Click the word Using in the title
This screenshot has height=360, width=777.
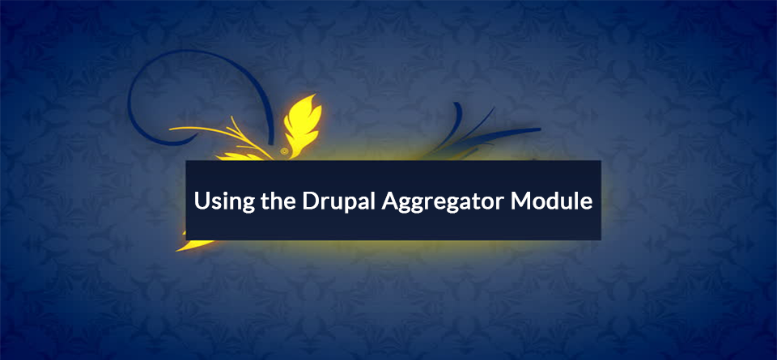pyautogui.click(x=219, y=202)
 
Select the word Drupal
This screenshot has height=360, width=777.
pyautogui.click(x=333, y=202)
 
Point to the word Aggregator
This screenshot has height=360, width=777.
pyautogui.click(x=441, y=202)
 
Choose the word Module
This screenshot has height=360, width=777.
pyautogui.click(x=551, y=201)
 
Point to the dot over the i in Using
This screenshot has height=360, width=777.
pyautogui.click(x=220, y=193)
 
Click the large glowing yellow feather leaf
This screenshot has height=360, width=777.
pyautogui.click(x=301, y=124)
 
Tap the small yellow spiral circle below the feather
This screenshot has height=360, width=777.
pyautogui.click(x=283, y=150)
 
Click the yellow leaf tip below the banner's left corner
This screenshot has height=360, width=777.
pyautogui.click(x=194, y=244)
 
